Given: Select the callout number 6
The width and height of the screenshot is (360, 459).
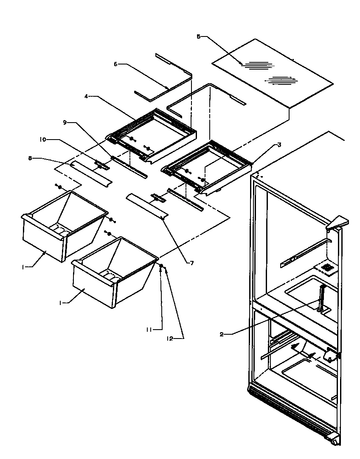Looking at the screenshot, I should click(115, 64).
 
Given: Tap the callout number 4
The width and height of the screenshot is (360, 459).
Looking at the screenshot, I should click(86, 97).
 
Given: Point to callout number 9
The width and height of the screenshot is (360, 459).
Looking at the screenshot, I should click(65, 123).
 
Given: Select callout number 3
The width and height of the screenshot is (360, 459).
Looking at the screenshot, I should click(279, 145).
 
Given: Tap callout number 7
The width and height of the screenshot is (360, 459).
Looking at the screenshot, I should click(192, 263).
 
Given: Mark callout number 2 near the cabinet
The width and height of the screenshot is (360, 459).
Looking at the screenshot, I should click(222, 334).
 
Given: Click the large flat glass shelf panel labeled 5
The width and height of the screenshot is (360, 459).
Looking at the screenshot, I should click(272, 72).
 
